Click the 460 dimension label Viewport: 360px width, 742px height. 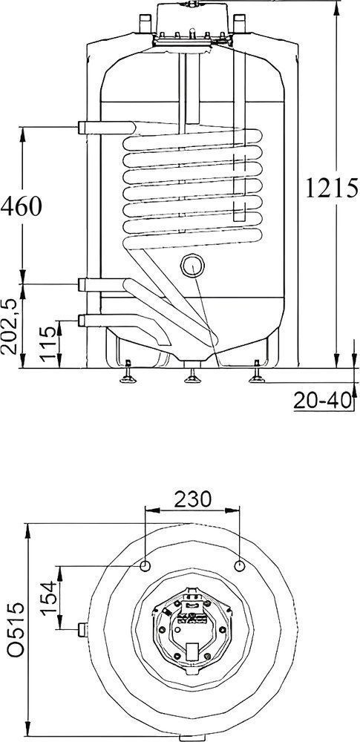tap(22, 205)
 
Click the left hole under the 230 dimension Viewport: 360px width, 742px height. tap(145, 566)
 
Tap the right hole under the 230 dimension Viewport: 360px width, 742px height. tap(240, 566)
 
